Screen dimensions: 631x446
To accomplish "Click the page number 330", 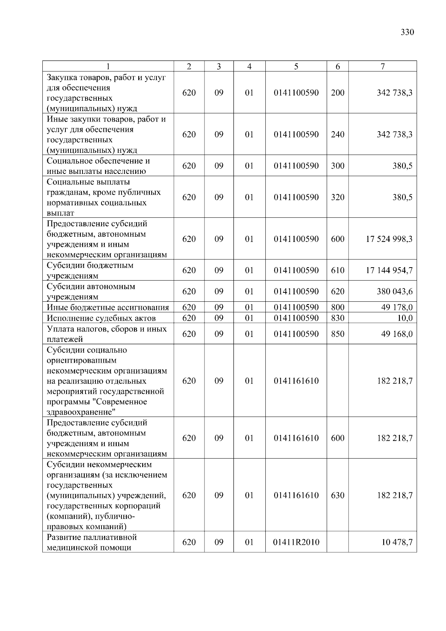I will (407, 32).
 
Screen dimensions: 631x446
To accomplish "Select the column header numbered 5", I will (296, 67).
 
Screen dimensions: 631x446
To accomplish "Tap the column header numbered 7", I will (382, 67).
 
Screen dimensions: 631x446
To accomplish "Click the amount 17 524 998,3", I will (389, 239).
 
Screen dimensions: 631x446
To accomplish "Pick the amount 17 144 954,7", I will (389, 271).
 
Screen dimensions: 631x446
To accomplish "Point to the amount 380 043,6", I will (394, 291).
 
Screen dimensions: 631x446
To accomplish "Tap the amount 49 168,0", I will (397, 334).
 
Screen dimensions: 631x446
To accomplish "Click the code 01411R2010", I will (296, 542).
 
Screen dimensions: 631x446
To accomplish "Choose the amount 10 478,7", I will (397, 542).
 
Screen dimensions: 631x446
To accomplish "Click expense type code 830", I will (337, 318).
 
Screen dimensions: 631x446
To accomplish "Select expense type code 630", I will (337, 495).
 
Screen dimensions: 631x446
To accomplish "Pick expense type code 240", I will (337, 135).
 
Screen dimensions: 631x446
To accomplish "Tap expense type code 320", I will (337, 197).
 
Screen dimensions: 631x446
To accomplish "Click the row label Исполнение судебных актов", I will (101, 318).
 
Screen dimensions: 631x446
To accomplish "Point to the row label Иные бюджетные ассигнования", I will (108, 307).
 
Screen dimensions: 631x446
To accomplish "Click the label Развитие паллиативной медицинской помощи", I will (91, 542).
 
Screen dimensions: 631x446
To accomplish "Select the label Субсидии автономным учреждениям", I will (91, 291).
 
